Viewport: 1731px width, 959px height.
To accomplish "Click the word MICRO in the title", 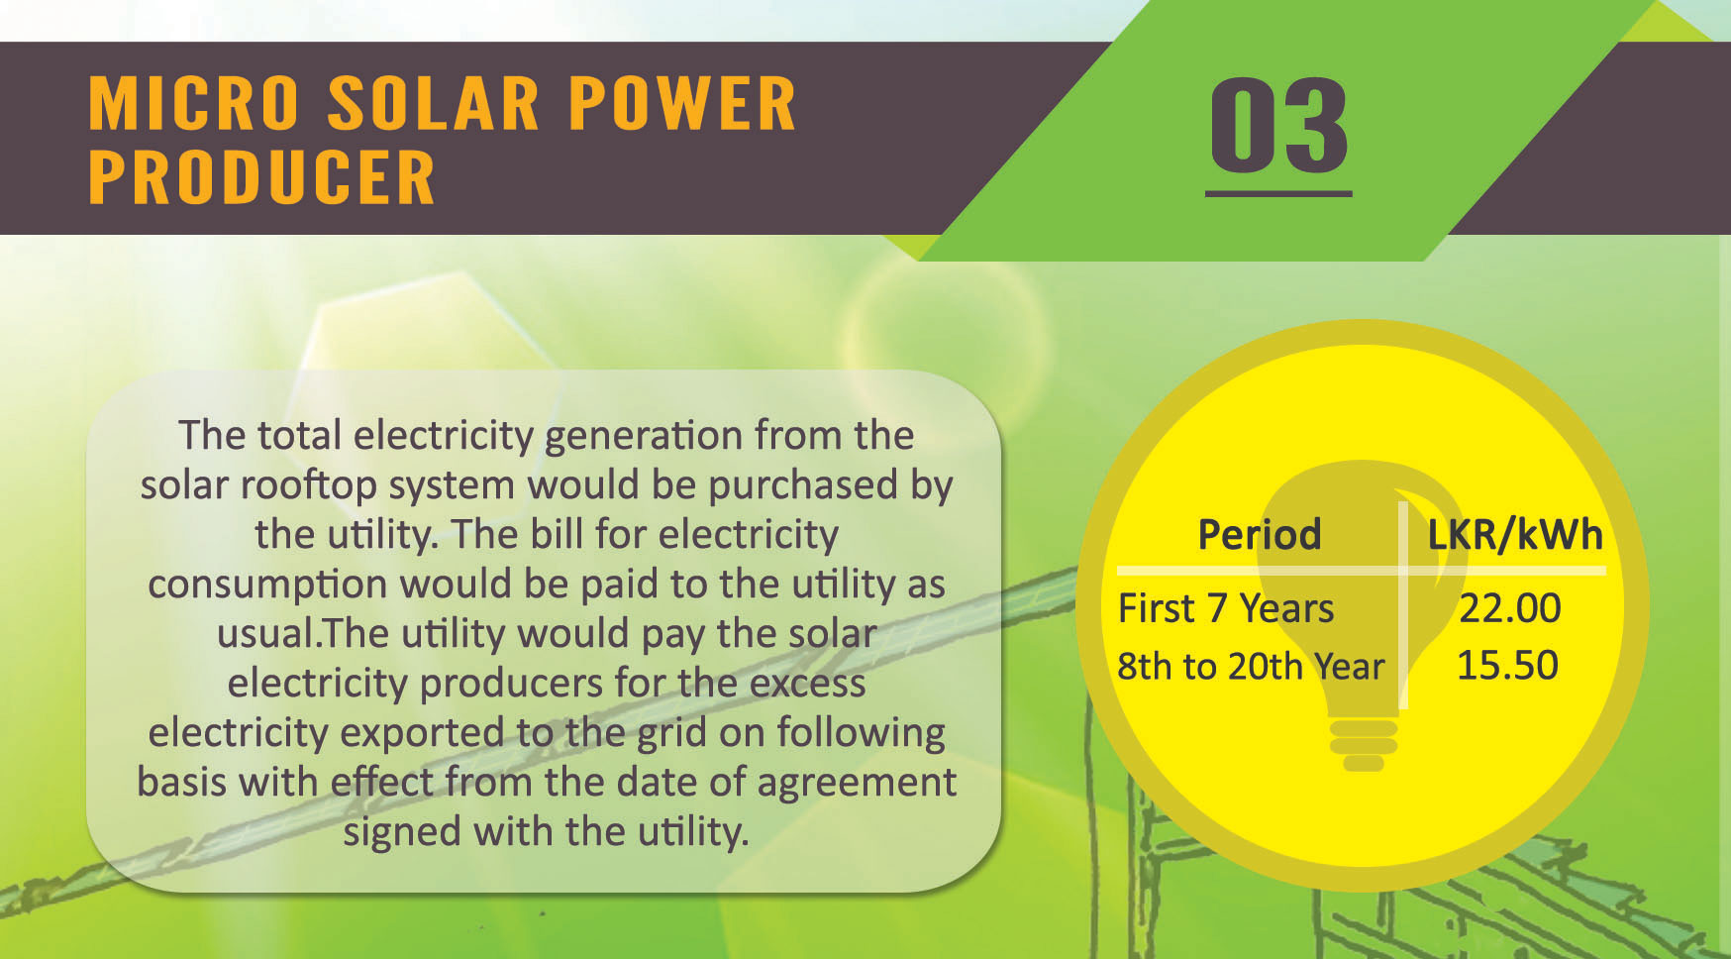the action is click(194, 103).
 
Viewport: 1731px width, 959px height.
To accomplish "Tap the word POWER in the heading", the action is click(682, 103).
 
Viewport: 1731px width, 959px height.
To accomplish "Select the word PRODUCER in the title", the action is click(261, 177).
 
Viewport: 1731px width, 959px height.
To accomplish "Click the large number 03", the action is click(1278, 125).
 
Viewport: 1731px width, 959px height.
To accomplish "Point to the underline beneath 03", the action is click(1278, 193).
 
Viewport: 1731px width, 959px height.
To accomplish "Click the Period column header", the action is click(1260, 534).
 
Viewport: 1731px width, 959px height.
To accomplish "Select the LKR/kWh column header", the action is click(1514, 535).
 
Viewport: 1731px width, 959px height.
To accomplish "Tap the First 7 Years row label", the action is click(1226, 608).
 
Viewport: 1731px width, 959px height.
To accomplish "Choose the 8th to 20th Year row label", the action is click(1251, 666).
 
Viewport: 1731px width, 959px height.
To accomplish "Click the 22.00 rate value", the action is click(1510, 608).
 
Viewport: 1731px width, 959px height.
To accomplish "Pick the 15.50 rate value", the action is click(1507, 666).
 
